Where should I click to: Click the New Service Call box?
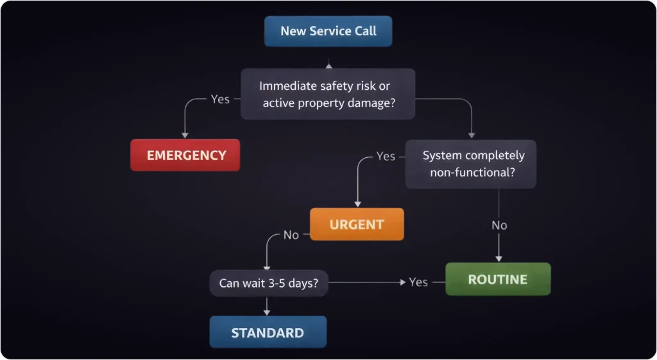(x=328, y=31)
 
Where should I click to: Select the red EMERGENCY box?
(x=185, y=155)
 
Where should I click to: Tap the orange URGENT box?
(x=357, y=225)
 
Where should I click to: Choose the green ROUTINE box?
(x=498, y=279)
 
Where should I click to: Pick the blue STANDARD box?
(x=268, y=332)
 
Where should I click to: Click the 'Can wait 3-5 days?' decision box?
(x=268, y=282)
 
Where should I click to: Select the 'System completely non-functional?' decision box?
(x=470, y=164)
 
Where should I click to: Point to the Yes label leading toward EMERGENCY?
(x=220, y=99)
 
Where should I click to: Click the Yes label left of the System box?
(x=386, y=156)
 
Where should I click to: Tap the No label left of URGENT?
(x=291, y=235)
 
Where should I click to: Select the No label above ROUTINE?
(x=499, y=225)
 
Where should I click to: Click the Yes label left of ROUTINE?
(x=418, y=282)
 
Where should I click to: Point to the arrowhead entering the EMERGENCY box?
(x=185, y=135)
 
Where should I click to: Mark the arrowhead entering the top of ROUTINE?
(x=499, y=259)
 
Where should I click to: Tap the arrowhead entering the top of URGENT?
(x=357, y=204)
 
